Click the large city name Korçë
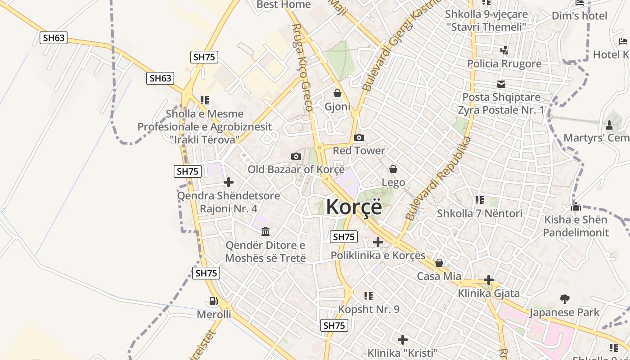pyautogui.click(x=354, y=207)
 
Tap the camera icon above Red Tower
pyautogui.click(x=359, y=138)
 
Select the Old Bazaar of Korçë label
pyautogui.click(x=296, y=169)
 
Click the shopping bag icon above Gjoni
pyautogui.click(x=337, y=94)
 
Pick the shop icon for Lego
pyautogui.click(x=393, y=169)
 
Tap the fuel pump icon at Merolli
pyautogui.click(x=213, y=301)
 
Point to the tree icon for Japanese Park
pyautogui.click(x=564, y=299)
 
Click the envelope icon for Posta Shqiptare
pyautogui.click(x=501, y=84)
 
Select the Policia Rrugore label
pyautogui.click(x=504, y=63)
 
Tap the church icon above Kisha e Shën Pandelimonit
pyautogui.click(x=576, y=207)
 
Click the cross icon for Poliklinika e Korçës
pyautogui.click(x=378, y=243)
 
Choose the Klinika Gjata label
pyautogui.click(x=489, y=293)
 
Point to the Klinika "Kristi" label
pyautogui.click(x=403, y=352)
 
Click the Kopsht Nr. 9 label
pyautogui.click(x=369, y=310)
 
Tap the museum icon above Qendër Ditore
pyautogui.click(x=265, y=232)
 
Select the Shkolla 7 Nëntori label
pyautogui.click(x=480, y=213)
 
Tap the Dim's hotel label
pyautogui.click(x=580, y=16)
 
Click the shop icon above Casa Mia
pyautogui.click(x=439, y=263)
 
